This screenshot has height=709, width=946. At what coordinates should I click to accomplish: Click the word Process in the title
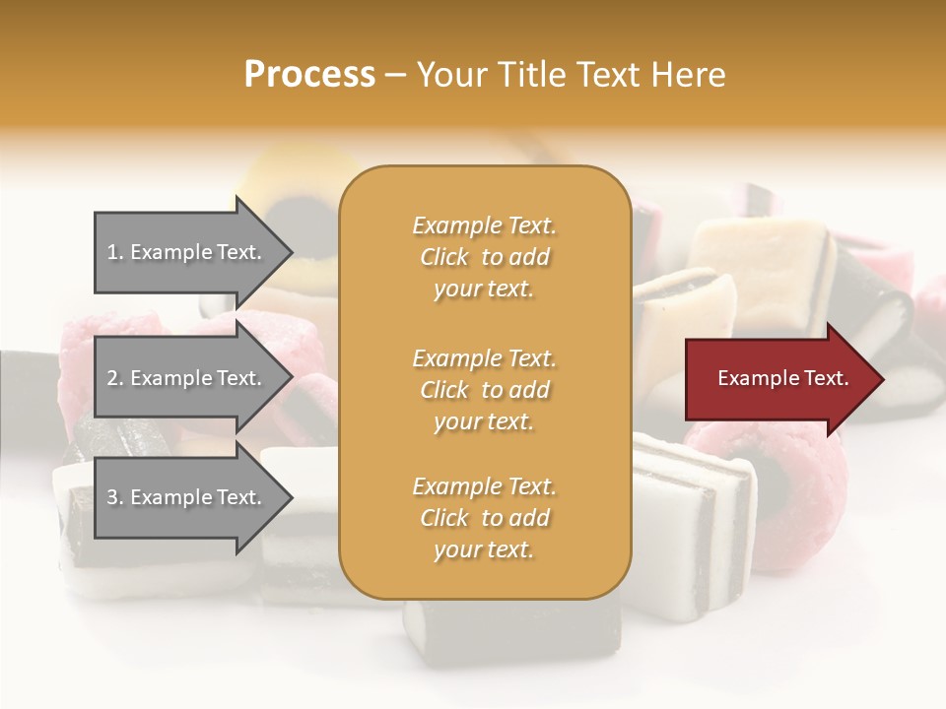click(x=309, y=75)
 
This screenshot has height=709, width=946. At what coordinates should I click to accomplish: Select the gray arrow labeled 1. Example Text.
click(x=187, y=252)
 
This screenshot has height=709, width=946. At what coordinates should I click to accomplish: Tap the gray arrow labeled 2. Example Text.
click(x=187, y=378)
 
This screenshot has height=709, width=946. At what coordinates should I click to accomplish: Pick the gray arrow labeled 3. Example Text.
click(x=187, y=497)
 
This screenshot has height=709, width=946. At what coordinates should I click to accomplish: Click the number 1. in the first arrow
click(x=115, y=252)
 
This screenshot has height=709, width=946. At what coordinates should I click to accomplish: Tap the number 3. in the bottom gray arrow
click(x=115, y=497)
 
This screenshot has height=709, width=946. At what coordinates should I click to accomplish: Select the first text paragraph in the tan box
click(x=484, y=257)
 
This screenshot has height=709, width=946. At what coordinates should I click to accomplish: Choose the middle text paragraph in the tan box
click(x=484, y=389)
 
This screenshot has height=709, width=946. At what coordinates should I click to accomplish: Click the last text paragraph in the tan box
click(x=484, y=518)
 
